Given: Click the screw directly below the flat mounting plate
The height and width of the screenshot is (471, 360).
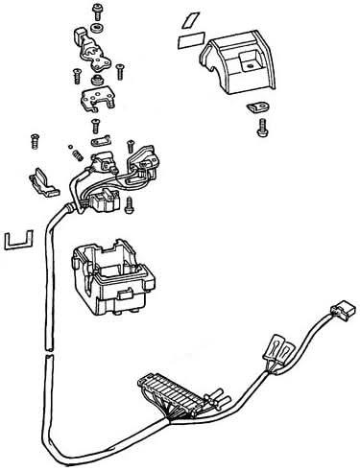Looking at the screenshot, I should coord(95,126).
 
